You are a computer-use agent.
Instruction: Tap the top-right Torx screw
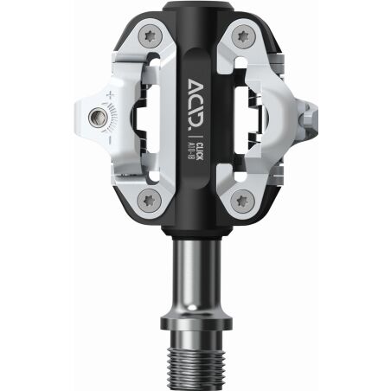click(x=240, y=38)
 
